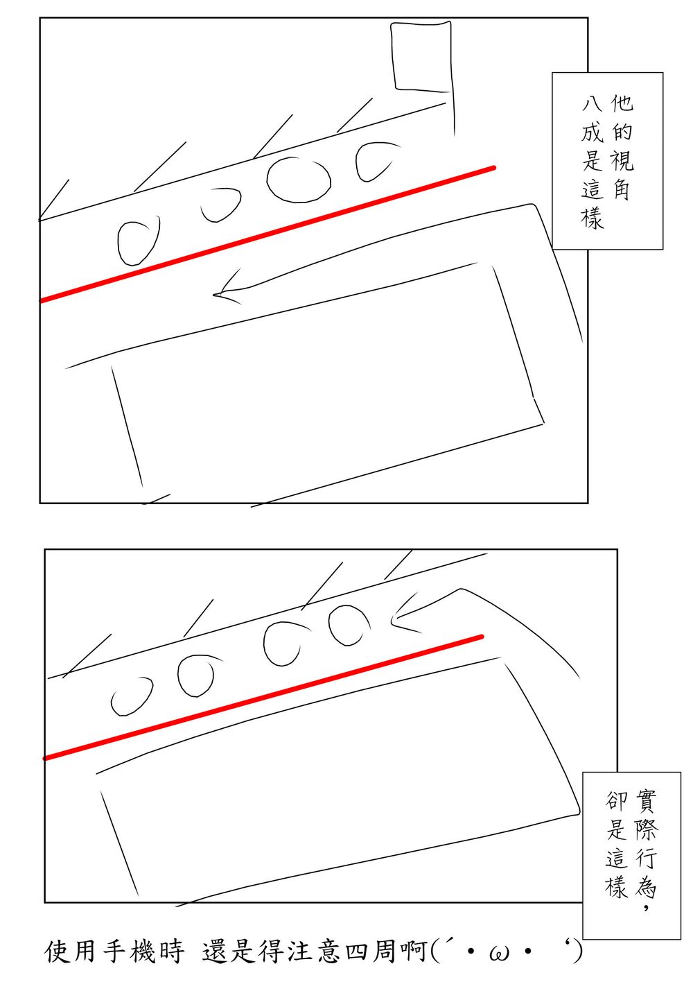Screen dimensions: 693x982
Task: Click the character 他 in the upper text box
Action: tap(622, 103)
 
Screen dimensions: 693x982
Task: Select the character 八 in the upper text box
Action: tap(593, 104)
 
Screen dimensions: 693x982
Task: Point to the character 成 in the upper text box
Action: tap(593, 132)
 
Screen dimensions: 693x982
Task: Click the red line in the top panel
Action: tap(267, 234)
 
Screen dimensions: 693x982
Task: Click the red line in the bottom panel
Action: tap(263, 697)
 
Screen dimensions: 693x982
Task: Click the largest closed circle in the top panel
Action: tap(299, 180)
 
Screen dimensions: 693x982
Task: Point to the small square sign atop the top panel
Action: tap(422, 57)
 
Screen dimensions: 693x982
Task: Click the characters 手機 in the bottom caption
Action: tap(129, 950)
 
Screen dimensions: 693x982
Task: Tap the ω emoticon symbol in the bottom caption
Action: tap(498, 951)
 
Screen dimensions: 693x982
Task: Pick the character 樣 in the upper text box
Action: tap(593, 218)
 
